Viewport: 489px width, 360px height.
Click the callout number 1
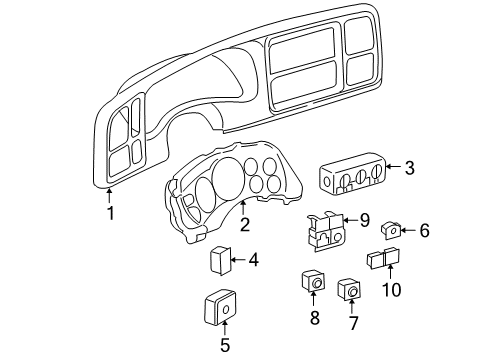111,212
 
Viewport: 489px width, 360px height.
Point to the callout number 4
253,260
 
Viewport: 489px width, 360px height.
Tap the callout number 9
364,220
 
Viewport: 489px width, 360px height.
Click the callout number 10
391,291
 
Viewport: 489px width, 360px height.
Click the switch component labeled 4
220,261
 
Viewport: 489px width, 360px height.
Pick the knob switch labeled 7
350,290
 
